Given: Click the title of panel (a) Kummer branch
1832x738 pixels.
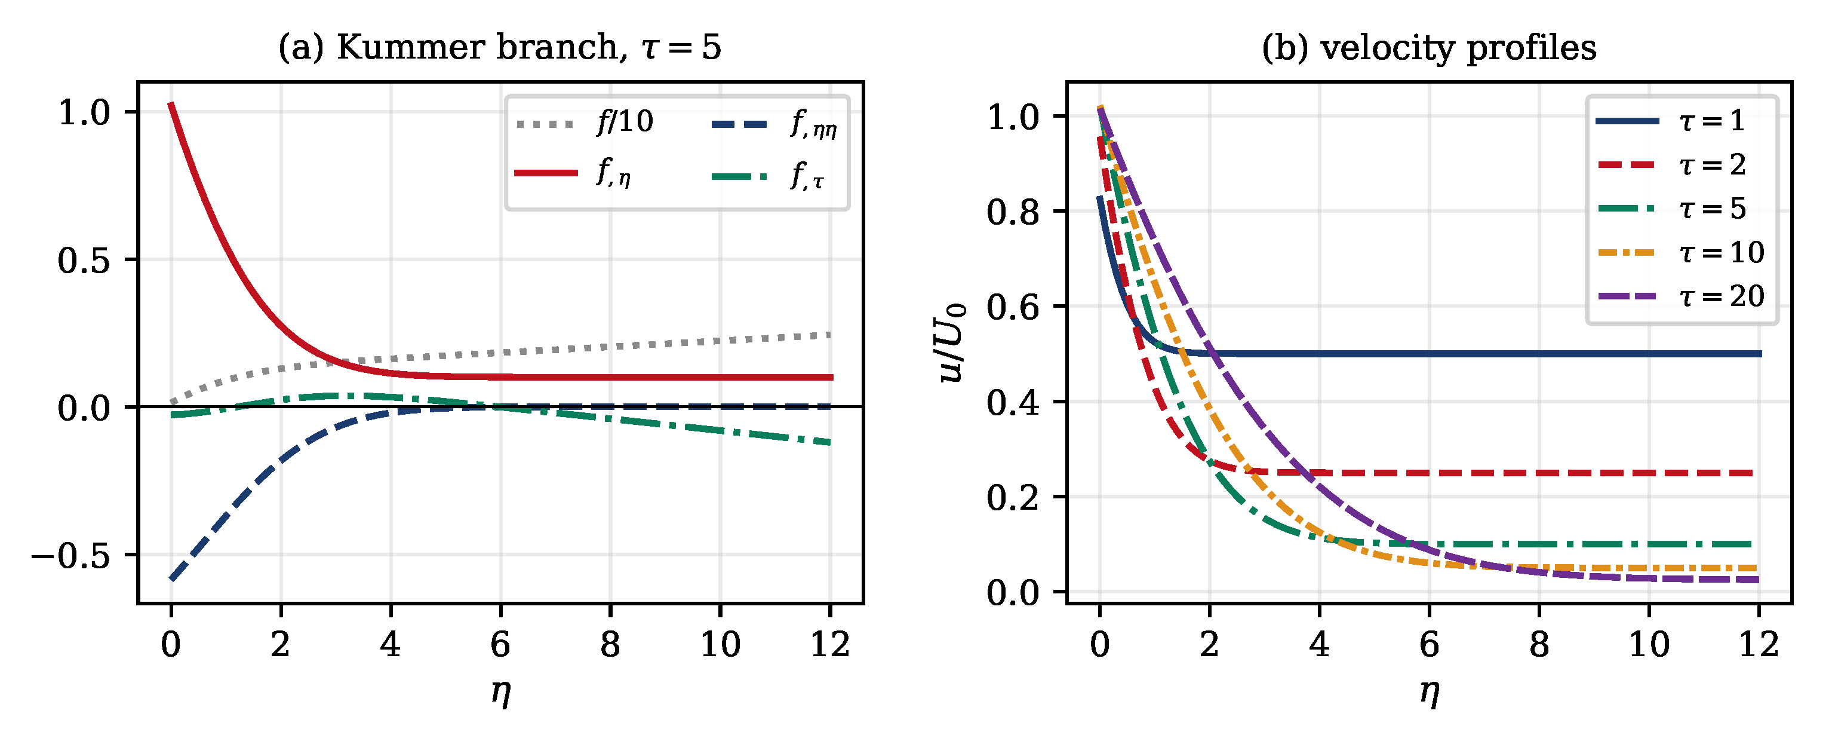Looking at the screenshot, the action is click(499, 48).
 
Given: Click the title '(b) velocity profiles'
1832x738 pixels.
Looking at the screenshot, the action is click(1429, 48).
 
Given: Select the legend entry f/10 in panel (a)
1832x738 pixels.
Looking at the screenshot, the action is click(585, 123).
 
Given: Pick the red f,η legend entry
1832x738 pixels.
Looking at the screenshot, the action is click(573, 172).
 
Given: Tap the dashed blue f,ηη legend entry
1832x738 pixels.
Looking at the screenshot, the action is click(774, 124).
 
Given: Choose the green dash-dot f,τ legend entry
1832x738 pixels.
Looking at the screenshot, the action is click(768, 174).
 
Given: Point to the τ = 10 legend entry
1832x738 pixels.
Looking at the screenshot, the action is click(1680, 252).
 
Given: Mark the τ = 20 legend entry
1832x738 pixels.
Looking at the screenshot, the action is click(1680, 295).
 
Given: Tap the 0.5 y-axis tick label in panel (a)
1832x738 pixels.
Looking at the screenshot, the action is click(84, 260).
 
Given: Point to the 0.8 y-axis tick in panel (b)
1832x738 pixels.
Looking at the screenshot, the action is click(1013, 212).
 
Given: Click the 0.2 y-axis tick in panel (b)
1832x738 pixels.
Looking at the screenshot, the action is click(1013, 497).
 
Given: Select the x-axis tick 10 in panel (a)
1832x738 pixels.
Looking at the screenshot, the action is click(720, 645).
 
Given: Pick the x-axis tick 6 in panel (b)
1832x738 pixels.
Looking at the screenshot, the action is click(1430, 645).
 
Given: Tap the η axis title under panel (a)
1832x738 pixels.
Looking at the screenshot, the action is click(500, 693).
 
